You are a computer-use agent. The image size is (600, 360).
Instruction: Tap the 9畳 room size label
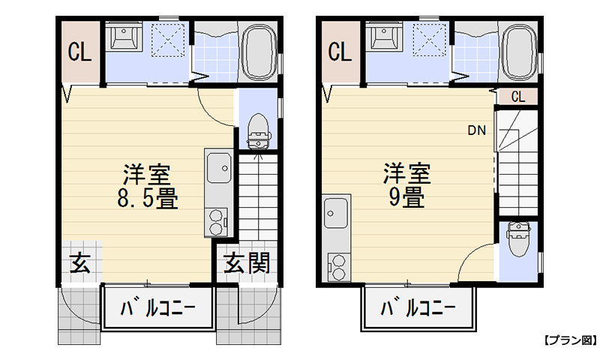[406, 196]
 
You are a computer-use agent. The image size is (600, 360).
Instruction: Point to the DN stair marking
[477, 130]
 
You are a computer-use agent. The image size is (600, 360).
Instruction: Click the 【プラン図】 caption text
[568, 340]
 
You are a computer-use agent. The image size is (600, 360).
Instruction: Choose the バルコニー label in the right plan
[418, 308]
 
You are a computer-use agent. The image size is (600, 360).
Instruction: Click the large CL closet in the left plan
[80, 52]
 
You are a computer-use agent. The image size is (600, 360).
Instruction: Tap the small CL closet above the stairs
[518, 97]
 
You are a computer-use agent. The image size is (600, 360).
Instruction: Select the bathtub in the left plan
[259, 52]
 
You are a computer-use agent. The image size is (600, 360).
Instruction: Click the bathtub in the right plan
[519, 52]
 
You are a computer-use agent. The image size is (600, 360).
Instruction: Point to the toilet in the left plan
[257, 132]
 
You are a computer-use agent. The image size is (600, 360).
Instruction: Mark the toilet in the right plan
[518, 240]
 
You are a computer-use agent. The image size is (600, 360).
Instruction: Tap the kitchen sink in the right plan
[334, 213]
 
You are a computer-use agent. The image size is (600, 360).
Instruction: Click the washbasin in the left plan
[121, 36]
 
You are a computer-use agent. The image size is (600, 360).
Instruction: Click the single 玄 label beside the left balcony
[80, 263]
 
